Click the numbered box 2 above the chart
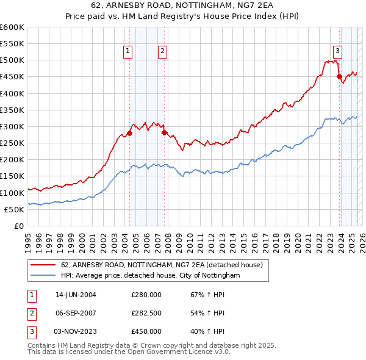[163, 52]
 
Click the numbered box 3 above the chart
[337, 52]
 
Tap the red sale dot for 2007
[164, 132]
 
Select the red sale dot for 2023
[339, 76]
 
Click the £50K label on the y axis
[15, 209]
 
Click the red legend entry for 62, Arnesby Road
[161, 265]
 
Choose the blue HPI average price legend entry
[150, 276]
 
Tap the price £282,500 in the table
[146, 313]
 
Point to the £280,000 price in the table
[146, 294]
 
